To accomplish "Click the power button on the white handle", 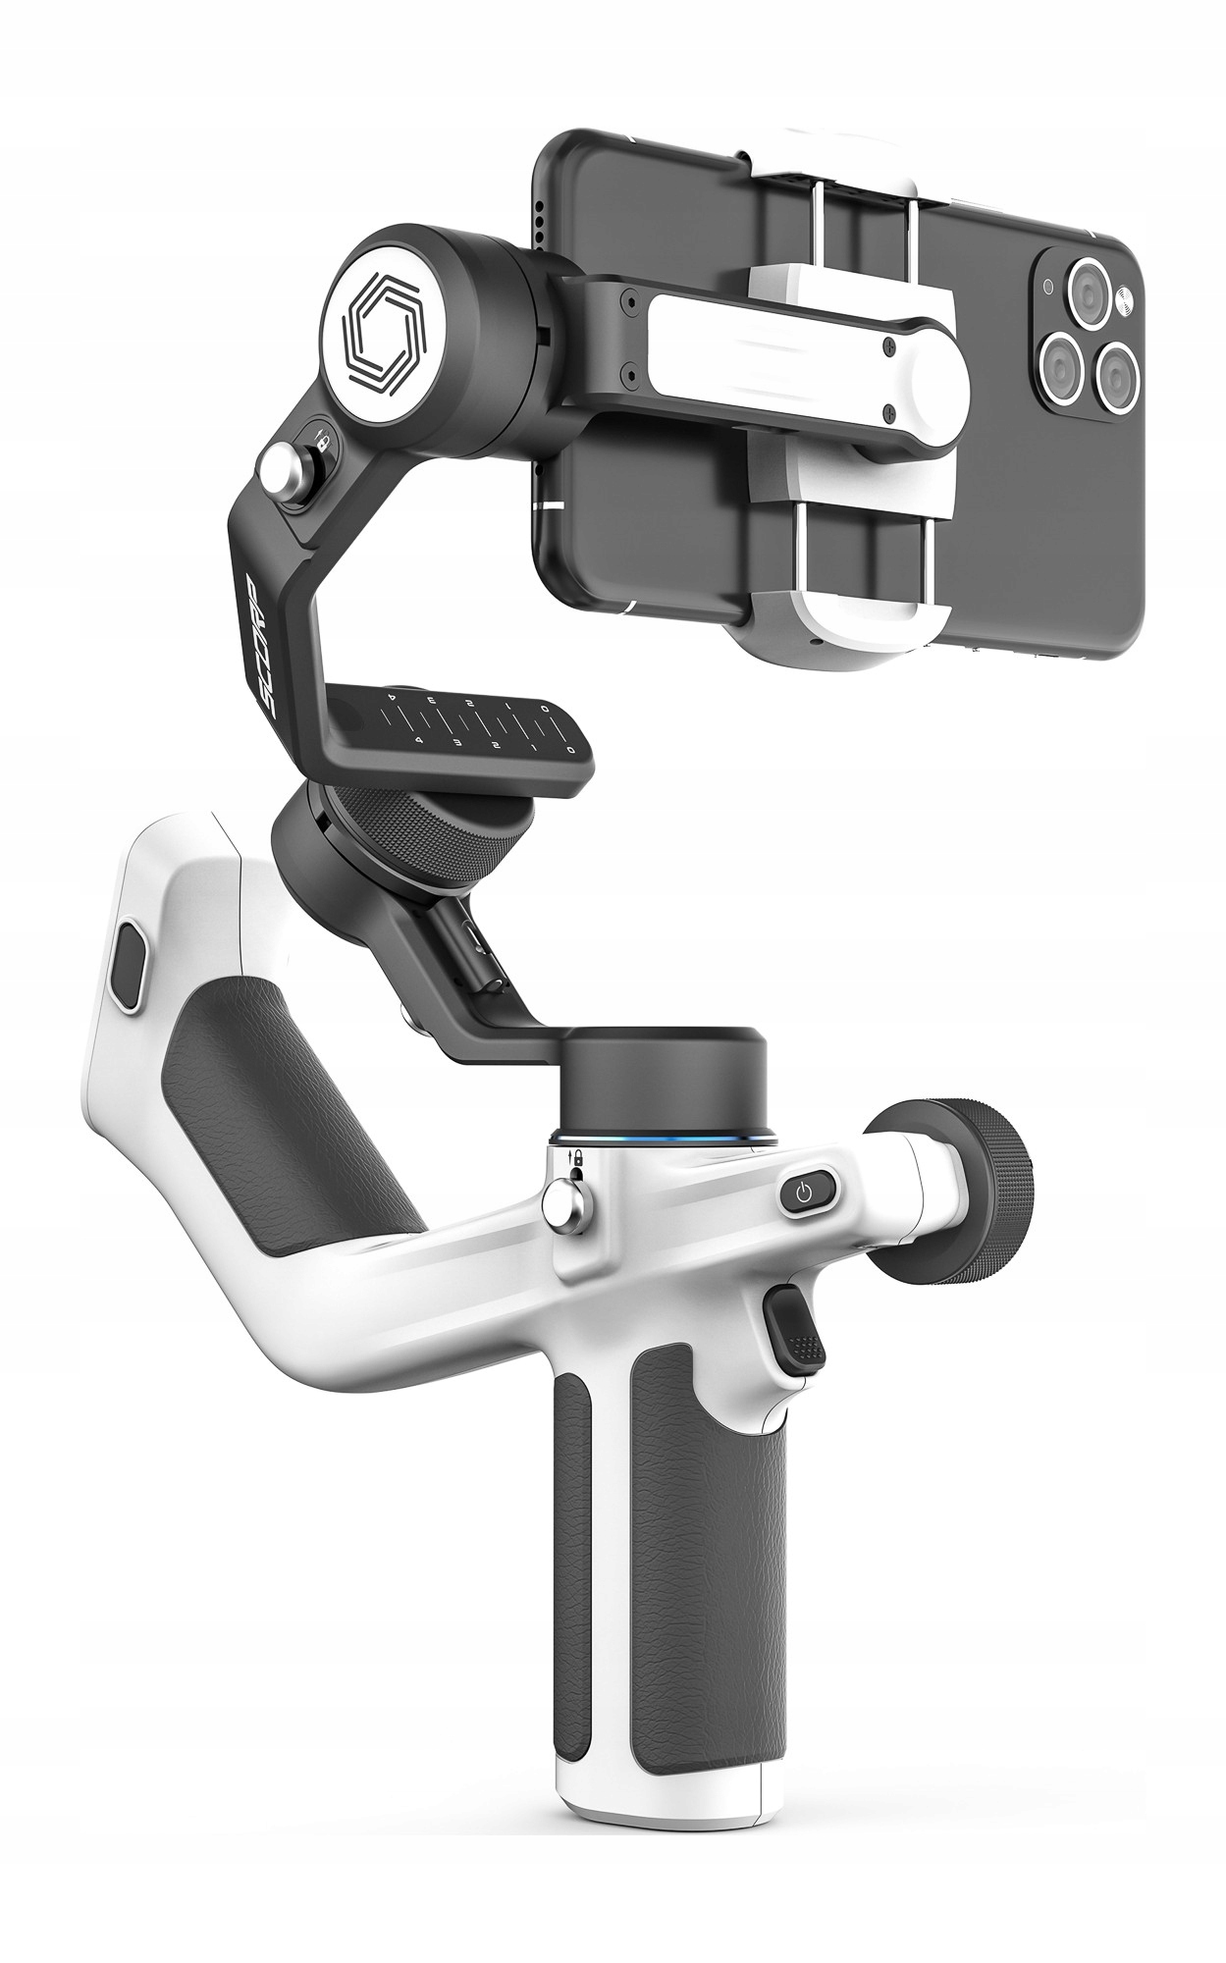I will [805, 1194].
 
